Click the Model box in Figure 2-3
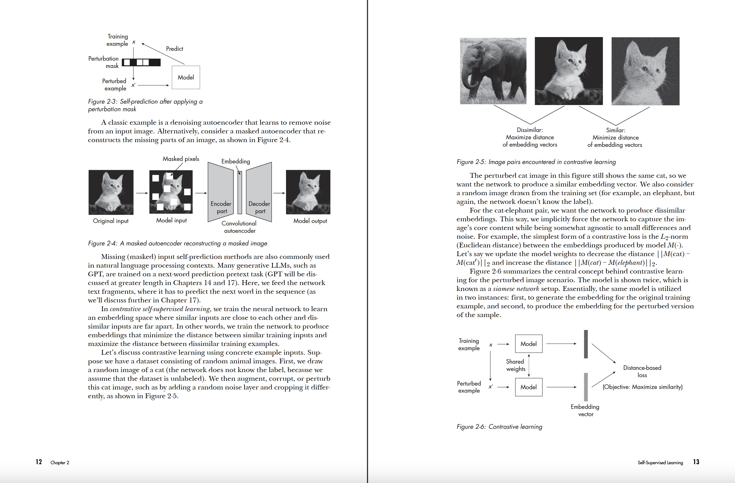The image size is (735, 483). tap(186, 78)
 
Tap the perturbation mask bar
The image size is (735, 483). tap(141, 62)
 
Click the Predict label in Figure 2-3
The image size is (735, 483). tap(174, 49)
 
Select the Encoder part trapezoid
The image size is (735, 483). tap(221, 192)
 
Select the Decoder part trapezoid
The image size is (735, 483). tap(259, 192)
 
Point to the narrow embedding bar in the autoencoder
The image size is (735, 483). tap(240, 193)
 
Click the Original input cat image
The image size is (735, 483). tap(111, 192)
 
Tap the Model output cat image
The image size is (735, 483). tap(308, 192)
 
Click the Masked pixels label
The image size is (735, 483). tap(181, 159)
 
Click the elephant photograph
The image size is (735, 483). tap(493, 71)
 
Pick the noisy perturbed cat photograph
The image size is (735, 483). tap(645, 71)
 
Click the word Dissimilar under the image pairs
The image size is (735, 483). tap(530, 130)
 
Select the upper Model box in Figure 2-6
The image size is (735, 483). tap(528, 344)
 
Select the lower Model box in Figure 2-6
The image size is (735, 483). tap(528, 387)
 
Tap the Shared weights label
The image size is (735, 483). tap(515, 365)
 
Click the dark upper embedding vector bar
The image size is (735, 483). tap(586, 344)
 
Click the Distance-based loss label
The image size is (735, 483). tap(642, 371)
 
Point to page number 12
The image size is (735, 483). tap(38, 462)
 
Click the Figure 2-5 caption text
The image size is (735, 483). tap(536, 162)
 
